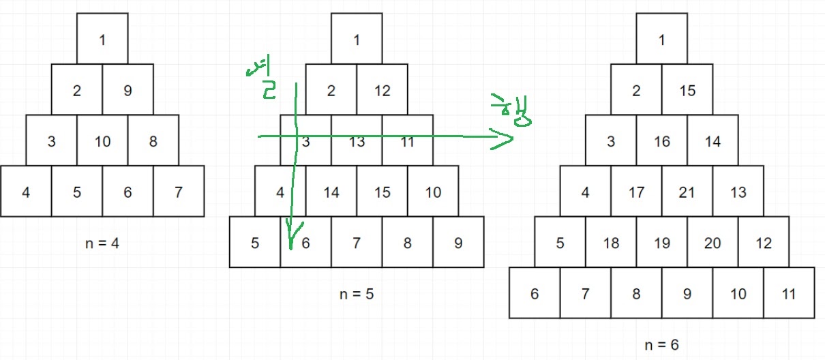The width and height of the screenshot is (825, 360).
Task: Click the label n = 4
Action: click(102, 243)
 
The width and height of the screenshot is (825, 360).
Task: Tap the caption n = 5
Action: click(357, 295)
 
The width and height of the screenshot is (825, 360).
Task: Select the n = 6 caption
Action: click(661, 345)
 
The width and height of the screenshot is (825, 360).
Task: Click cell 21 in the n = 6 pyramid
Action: click(687, 192)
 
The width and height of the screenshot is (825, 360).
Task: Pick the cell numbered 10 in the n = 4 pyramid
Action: click(102, 142)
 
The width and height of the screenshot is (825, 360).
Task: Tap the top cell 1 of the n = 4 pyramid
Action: click(102, 39)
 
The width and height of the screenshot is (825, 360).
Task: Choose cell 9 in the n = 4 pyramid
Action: click(127, 90)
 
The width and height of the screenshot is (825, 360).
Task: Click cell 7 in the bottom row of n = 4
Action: click(179, 192)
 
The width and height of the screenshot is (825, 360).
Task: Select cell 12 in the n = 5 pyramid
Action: click(382, 90)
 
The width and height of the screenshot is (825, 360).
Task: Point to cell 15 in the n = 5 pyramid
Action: click(382, 192)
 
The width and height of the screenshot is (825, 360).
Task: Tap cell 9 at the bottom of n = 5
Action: click(458, 243)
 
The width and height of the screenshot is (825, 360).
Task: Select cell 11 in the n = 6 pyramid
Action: click(789, 294)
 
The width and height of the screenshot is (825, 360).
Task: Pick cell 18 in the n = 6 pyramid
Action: click(611, 243)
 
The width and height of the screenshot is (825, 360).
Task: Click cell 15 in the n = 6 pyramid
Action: click(687, 90)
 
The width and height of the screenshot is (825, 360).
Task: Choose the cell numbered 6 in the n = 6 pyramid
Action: click(535, 294)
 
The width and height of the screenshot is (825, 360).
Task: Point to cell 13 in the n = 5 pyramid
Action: click(357, 142)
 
